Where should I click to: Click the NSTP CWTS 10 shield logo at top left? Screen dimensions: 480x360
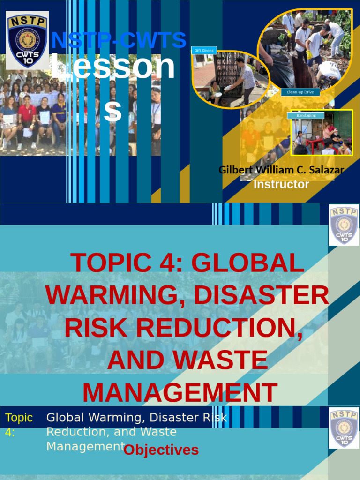(27, 40)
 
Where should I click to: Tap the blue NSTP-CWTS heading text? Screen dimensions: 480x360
(119, 40)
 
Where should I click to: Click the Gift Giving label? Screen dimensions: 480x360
(204, 50)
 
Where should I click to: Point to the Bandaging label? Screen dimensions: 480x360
(306, 115)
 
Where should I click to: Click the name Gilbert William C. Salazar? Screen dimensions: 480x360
(281, 170)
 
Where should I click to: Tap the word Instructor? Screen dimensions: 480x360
(281, 184)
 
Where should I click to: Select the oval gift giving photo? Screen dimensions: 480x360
(231, 80)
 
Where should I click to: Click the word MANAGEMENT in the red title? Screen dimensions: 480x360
(180, 393)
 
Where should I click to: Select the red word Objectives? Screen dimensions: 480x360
(161, 450)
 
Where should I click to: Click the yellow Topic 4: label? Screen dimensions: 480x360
(19, 425)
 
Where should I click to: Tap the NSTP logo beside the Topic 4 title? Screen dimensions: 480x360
(344, 225)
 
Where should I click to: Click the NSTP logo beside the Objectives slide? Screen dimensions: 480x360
(344, 428)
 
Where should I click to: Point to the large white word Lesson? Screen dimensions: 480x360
(112, 67)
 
